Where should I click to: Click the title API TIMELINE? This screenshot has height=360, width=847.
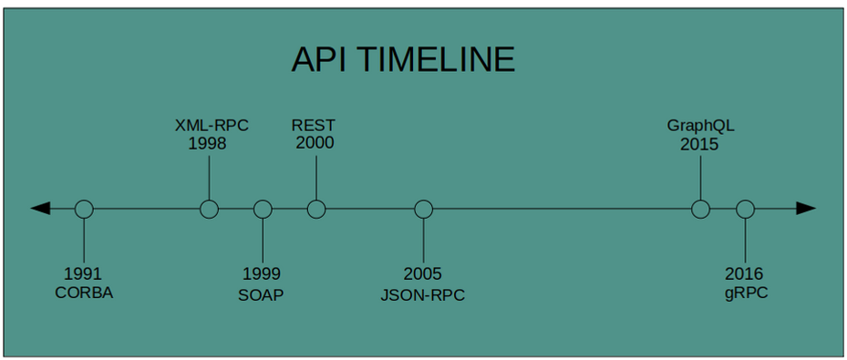(403, 60)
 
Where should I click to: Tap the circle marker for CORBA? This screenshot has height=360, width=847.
(84, 209)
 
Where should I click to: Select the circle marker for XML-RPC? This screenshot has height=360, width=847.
(209, 209)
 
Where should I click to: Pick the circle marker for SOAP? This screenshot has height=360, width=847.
(263, 209)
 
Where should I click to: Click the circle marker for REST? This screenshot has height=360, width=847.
(316, 209)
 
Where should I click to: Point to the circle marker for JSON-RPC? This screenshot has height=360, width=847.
(423, 209)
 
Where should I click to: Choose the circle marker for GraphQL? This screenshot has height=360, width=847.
(700, 209)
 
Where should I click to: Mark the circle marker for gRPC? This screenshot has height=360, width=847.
(745, 209)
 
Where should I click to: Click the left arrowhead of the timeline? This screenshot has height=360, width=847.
(41, 209)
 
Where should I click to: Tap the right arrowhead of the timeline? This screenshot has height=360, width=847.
(805, 209)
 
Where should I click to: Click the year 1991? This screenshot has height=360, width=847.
(83, 273)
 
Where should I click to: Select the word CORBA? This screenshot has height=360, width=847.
(84, 293)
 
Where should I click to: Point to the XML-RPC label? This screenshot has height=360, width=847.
(212, 125)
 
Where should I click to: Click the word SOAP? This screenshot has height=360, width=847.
(261, 293)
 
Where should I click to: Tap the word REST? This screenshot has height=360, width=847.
(314, 125)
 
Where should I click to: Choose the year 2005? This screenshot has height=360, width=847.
(422, 273)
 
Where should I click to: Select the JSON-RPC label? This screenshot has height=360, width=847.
(422, 293)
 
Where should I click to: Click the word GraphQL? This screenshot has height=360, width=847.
(700, 126)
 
